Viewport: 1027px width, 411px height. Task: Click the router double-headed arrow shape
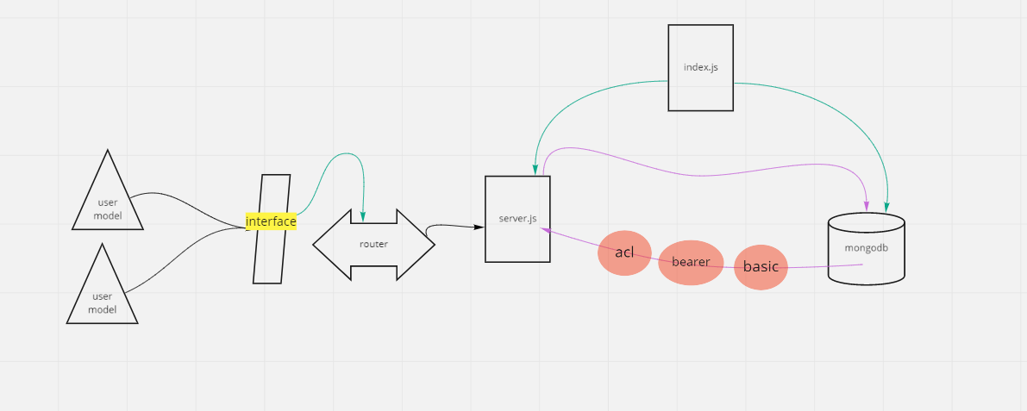tap(373, 245)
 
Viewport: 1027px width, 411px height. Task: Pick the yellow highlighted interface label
tap(271, 221)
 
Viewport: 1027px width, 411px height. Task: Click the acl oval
tap(624, 252)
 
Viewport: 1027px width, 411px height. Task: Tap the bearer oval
tap(691, 262)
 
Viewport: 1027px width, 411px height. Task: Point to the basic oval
tap(761, 267)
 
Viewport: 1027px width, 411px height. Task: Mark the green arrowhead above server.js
tap(536, 170)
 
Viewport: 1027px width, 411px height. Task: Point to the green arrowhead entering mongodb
tap(886, 208)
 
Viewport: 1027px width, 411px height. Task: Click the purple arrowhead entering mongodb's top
tap(866, 207)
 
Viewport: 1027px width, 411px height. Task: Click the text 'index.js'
tap(700, 67)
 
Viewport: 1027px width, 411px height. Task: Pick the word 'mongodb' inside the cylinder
tap(866, 247)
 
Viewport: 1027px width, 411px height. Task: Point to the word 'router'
tap(373, 245)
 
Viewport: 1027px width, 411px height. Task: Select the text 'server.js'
tap(517, 219)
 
